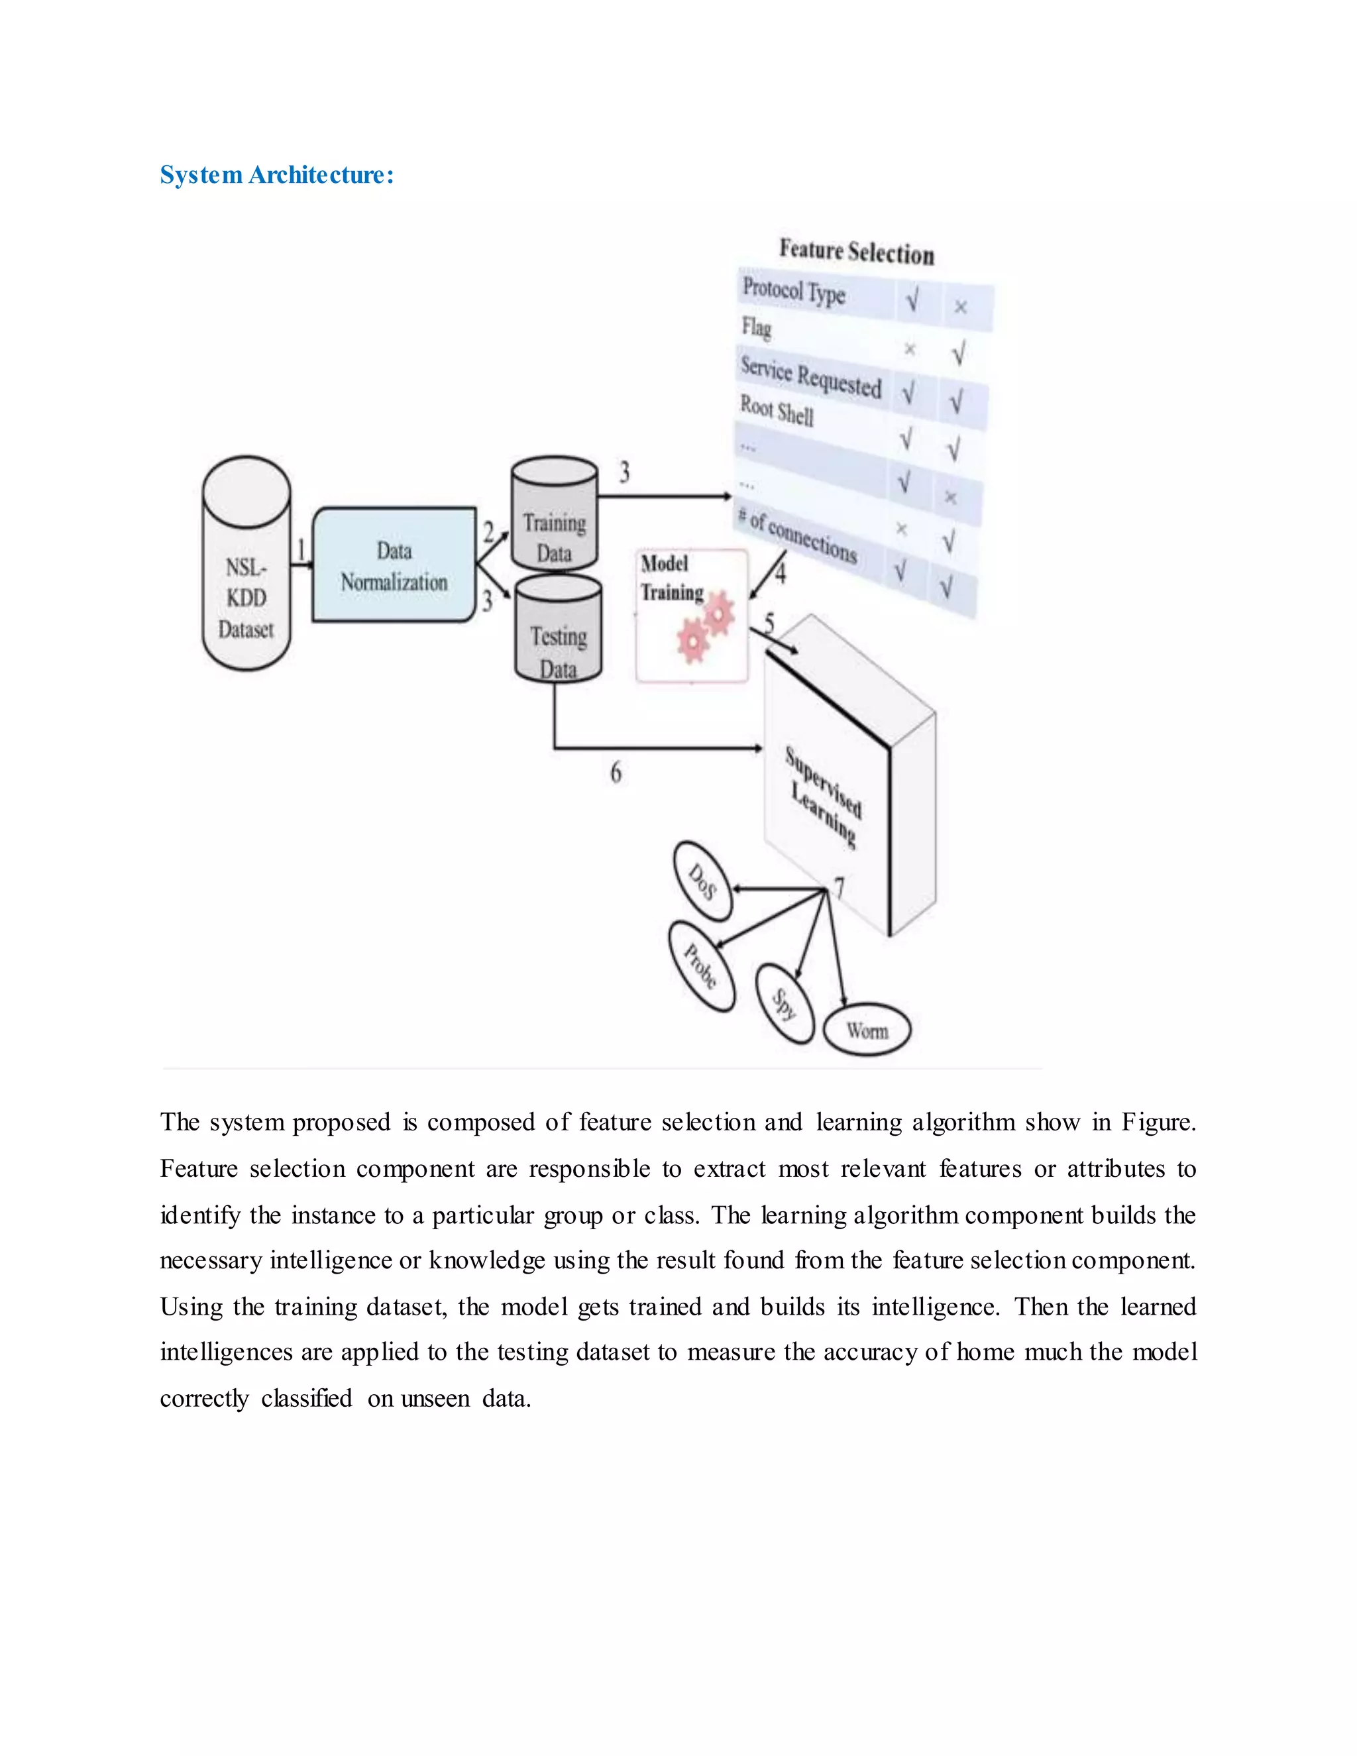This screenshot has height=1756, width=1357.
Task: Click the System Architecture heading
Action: point(276,174)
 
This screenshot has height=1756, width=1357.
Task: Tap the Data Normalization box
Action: point(394,565)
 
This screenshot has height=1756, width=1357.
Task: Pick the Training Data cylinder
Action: point(554,516)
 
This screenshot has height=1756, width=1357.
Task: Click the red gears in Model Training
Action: point(705,629)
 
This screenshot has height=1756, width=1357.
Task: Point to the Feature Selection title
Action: point(856,252)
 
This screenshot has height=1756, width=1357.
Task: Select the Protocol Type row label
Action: point(793,290)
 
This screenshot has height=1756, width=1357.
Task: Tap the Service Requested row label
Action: point(810,377)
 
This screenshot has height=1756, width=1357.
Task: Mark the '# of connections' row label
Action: point(798,535)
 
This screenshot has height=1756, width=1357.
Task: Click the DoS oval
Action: point(702,881)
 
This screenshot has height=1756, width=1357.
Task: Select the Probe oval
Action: point(701,965)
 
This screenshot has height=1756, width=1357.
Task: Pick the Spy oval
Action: point(785,1003)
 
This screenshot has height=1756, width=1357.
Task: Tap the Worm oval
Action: point(867,1030)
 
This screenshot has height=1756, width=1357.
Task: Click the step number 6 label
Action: point(616,773)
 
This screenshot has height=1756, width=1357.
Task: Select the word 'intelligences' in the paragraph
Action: point(226,1352)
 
